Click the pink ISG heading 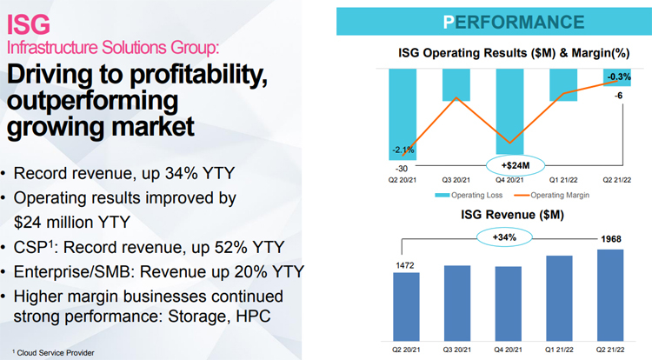29,24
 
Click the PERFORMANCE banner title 514,22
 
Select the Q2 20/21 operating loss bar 403,114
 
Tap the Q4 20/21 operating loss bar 509,111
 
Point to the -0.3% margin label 619,77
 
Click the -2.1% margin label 403,150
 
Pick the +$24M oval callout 516,165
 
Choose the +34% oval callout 504,237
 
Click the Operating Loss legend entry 469,195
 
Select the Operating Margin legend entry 552,195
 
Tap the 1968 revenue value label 611,239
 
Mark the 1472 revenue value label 404,265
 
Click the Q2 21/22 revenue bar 610,296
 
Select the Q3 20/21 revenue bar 457,303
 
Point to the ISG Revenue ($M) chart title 512,215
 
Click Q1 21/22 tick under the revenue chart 559,350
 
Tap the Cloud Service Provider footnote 53,352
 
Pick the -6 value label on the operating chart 619,96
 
